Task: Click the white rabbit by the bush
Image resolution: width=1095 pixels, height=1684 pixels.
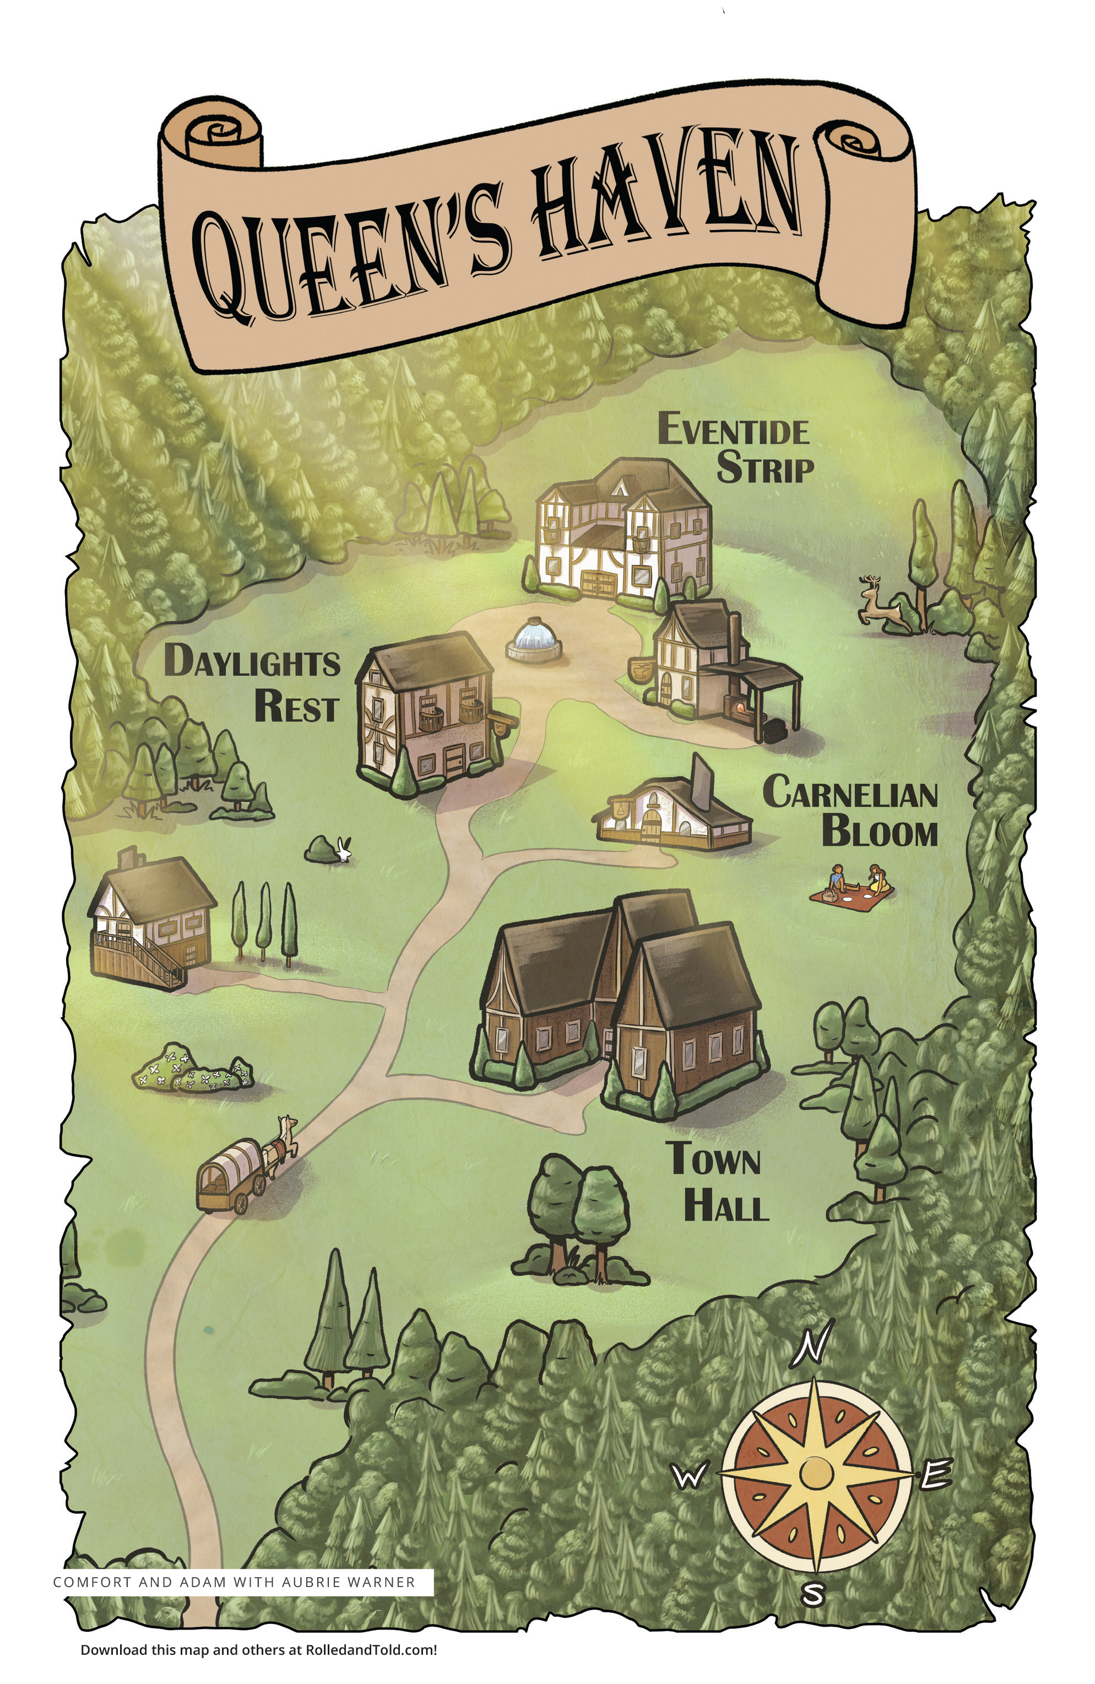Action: point(344,849)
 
